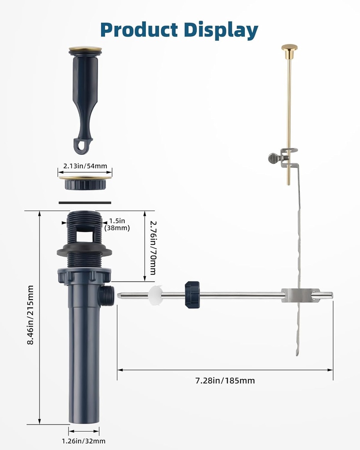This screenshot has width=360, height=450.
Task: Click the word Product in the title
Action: coord(138,30)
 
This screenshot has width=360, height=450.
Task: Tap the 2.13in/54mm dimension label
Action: coord(85,166)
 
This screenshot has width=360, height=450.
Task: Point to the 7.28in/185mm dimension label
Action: coord(225,381)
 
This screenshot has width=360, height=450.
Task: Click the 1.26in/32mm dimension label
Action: coord(84,441)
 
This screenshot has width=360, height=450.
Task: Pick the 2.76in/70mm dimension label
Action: coord(153,247)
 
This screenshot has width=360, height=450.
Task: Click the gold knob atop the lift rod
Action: coord(289,47)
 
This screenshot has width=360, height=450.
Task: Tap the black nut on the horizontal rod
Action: coord(192,295)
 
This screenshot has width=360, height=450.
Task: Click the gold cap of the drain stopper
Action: coord(85,49)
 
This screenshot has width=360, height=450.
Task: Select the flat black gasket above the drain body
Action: coord(85,203)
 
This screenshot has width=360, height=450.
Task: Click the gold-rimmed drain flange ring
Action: coord(85,178)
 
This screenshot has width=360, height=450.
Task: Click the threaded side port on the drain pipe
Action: coord(107,295)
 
